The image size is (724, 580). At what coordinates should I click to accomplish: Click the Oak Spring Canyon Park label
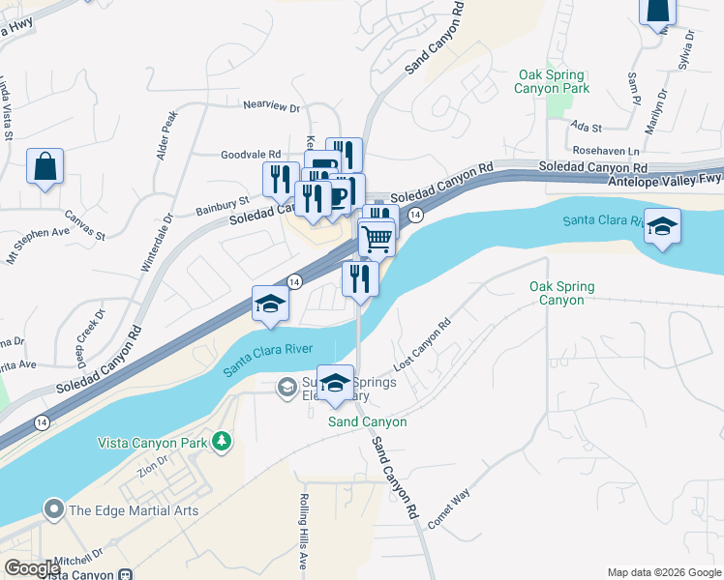554,81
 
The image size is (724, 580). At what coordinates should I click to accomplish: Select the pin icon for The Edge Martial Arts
53,509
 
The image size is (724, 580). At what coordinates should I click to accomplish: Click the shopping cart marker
377,236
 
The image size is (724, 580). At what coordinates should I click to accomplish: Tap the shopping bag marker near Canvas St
45,167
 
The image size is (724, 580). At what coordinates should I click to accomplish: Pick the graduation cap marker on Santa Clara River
663,227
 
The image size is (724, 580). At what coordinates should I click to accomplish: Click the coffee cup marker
338,196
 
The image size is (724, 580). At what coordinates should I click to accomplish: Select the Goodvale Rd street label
250,154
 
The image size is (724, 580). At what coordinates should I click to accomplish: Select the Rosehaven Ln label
606,152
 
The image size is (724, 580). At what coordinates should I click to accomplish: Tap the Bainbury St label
223,205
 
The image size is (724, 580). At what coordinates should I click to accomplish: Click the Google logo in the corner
33,569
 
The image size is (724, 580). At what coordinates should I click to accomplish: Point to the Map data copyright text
663,572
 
